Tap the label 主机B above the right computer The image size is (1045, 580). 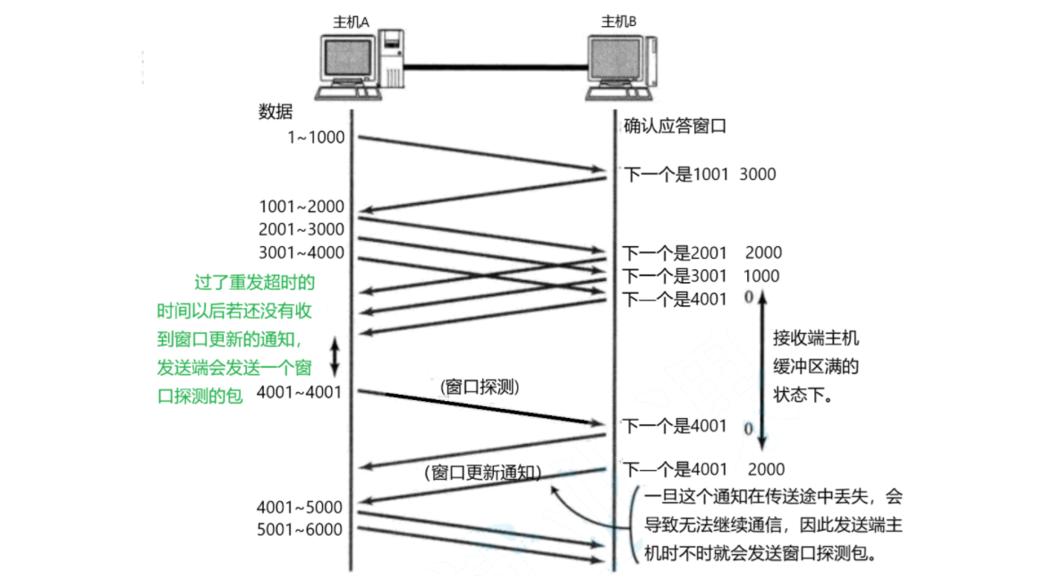point(619,21)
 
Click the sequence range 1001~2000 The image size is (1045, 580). point(302,207)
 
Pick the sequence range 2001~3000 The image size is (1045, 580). point(302,229)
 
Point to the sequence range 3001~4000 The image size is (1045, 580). point(302,252)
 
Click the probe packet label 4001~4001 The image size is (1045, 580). point(299,391)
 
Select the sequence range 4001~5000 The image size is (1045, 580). point(299,507)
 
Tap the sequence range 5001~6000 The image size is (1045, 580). point(299,529)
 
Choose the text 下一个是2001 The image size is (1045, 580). point(675,253)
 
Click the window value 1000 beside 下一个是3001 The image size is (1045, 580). point(761,277)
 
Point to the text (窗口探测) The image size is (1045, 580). point(480,388)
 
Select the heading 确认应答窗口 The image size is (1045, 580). point(675,126)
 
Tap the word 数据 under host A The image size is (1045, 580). point(276,112)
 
